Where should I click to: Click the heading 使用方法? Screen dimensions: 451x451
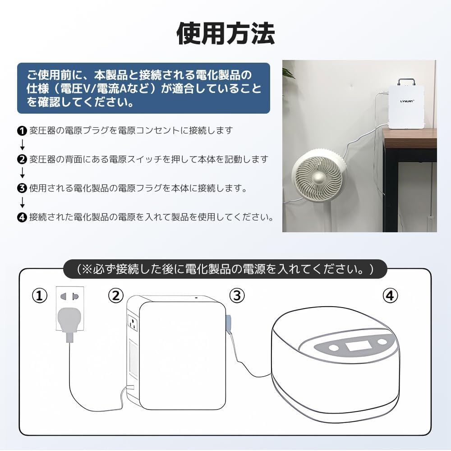coord(225,34)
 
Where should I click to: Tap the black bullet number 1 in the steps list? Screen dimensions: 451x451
coord(22,131)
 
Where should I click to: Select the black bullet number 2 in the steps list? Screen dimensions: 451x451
coord(22,159)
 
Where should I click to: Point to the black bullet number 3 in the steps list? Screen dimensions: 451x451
coord(22,188)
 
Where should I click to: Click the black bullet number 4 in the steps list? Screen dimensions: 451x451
coord(22,217)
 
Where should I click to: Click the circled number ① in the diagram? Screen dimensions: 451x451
coord(40,296)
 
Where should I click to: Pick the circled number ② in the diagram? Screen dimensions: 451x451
coord(116,296)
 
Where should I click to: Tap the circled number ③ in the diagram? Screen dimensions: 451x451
coord(237,296)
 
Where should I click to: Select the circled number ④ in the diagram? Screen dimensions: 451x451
coord(391,296)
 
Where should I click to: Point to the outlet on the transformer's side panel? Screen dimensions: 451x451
coord(133,323)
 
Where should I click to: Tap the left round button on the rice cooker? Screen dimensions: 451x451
coord(334,348)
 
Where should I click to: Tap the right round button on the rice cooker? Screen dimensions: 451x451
coord(382,342)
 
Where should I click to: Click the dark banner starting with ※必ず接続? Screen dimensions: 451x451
coord(225,269)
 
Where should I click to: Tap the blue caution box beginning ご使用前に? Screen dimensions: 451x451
coord(143,88)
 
